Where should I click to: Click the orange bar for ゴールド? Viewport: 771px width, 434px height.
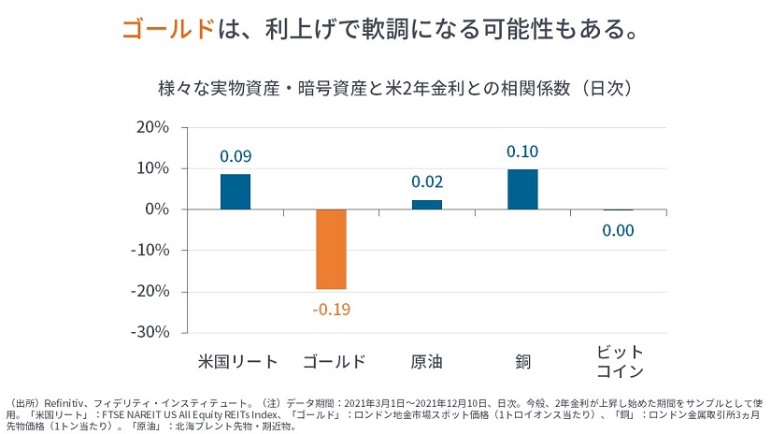[332, 249]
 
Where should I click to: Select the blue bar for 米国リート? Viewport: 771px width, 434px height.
[236, 192]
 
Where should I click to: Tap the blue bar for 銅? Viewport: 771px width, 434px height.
[522, 189]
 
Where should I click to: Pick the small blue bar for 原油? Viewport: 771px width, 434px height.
[427, 204]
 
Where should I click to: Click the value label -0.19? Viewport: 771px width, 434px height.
[332, 309]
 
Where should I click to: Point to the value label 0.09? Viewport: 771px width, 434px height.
[236, 156]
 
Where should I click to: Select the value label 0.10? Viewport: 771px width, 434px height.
[522, 152]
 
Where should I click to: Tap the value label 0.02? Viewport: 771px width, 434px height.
[427, 181]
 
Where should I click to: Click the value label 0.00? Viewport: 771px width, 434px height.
[618, 230]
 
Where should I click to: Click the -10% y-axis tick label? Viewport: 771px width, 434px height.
[150, 251]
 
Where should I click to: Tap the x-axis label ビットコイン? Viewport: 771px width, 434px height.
[618, 361]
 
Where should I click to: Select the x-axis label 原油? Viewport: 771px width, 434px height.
[427, 361]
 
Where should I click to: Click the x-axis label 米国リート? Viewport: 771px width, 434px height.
[236, 361]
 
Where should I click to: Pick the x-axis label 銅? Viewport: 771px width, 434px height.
[522, 361]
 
